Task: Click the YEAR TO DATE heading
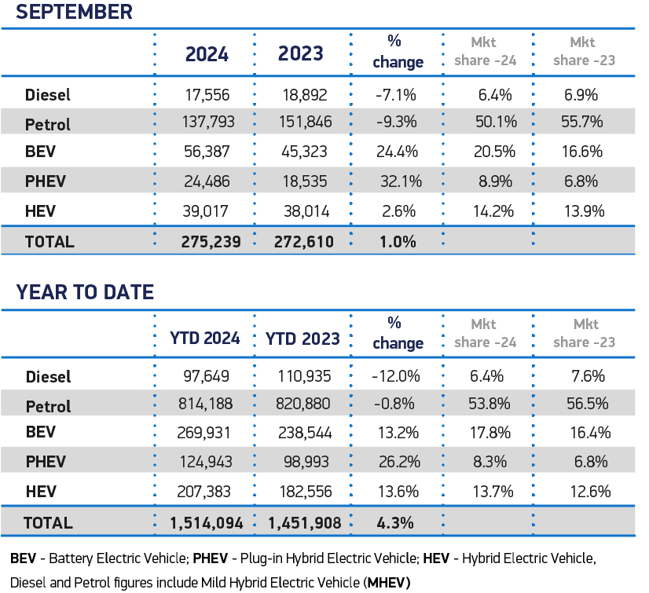(85, 293)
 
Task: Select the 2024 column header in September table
(207, 54)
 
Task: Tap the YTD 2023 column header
(302, 339)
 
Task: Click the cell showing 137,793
(207, 123)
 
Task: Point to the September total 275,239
(207, 241)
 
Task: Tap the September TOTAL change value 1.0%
(397, 241)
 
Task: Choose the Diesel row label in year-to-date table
(48, 377)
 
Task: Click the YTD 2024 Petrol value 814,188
(207, 406)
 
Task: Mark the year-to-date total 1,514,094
(207, 522)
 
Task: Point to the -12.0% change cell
(397, 377)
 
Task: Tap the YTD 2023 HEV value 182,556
(302, 492)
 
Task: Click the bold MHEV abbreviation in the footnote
(387, 582)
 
